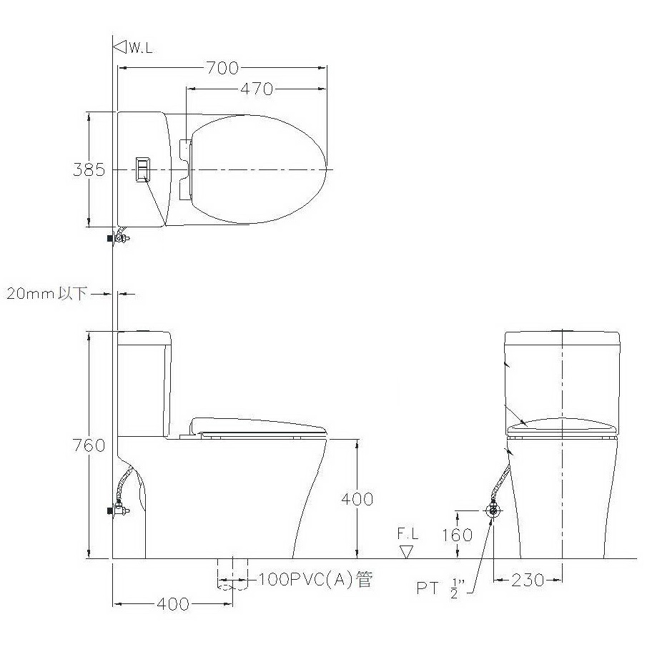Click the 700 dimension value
tap(222, 68)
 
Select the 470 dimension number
tap(257, 89)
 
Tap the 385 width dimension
tap(89, 169)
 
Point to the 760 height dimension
tap(89, 445)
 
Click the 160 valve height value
tap(458, 535)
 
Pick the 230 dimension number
tap(528, 581)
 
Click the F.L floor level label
tap(408, 533)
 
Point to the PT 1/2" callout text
tap(440, 588)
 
